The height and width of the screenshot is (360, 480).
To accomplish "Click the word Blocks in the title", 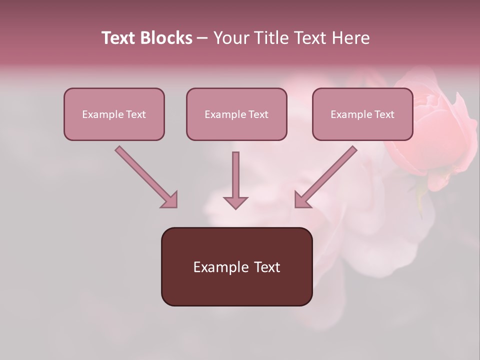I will click(x=167, y=38).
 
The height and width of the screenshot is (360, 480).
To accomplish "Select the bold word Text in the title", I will click(x=119, y=38).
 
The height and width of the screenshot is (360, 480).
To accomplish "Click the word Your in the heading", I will click(x=231, y=38).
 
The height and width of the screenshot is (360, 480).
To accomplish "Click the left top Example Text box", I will click(x=114, y=114).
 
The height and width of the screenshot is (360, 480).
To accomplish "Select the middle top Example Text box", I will click(x=236, y=114).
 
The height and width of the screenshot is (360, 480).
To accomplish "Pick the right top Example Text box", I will click(x=362, y=114).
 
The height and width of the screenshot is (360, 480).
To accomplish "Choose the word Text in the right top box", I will click(x=384, y=114).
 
